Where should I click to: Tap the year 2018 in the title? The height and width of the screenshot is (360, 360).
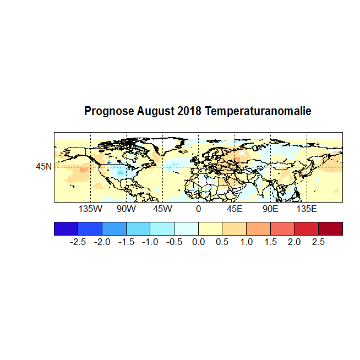(190, 111)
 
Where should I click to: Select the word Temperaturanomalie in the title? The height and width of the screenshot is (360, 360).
(258, 111)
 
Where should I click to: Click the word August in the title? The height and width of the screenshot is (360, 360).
(156, 112)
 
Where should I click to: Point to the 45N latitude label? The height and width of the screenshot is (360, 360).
(44, 166)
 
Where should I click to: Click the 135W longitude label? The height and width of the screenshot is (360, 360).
(90, 210)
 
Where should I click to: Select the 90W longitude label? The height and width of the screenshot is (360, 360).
(126, 210)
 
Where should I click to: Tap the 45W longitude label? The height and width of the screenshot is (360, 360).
(162, 210)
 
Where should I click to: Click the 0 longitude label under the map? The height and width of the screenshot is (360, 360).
(198, 210)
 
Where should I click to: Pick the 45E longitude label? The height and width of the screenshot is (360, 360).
(234, 210)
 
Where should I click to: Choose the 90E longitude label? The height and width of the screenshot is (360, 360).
(270, 210)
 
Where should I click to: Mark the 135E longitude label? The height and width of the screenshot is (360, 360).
(307, 210)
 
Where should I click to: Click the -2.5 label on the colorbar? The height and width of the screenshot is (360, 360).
(78, 242)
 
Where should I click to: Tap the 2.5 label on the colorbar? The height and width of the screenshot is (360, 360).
(318, 242)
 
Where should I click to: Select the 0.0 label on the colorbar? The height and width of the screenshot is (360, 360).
(198, 242)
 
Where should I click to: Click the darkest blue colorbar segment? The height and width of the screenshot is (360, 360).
(66, 228)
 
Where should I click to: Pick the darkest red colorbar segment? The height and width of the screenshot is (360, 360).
(330, 228)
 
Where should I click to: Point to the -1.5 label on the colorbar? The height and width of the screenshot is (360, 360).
(126, 242)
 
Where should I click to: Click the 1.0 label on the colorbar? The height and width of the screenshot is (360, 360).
(246, 242)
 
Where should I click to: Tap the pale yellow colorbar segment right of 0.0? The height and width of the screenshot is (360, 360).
(210, 228)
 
